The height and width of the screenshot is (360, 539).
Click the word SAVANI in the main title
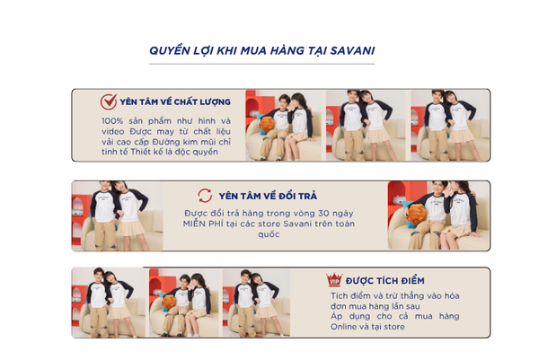click(352, 51)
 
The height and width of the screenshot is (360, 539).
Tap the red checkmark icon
click(109, 101)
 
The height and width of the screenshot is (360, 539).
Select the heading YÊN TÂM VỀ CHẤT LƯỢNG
click(175, 102)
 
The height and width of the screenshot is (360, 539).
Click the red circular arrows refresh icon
click(205, 196)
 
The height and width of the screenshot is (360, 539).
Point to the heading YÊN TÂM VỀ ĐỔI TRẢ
click(268, 196)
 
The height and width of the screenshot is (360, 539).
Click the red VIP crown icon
click(334, 279)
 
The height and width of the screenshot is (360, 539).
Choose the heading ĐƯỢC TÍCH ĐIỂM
click(385, 281)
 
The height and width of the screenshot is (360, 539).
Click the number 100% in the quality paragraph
click(112, 121)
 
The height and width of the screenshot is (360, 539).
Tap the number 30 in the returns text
click(323, 214)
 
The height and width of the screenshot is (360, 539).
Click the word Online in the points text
click(342, 327)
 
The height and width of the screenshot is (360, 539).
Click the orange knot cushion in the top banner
click(267, 125)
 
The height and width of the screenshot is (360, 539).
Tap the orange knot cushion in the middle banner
click(416, 215)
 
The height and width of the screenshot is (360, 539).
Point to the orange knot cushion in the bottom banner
click(169, 302)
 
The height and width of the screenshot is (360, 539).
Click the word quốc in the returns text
click(269, 234)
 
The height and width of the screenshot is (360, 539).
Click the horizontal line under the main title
click(261, 64)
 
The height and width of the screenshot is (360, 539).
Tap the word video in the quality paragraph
click(113, 132)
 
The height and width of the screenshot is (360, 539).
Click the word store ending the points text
click(394, 327)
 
